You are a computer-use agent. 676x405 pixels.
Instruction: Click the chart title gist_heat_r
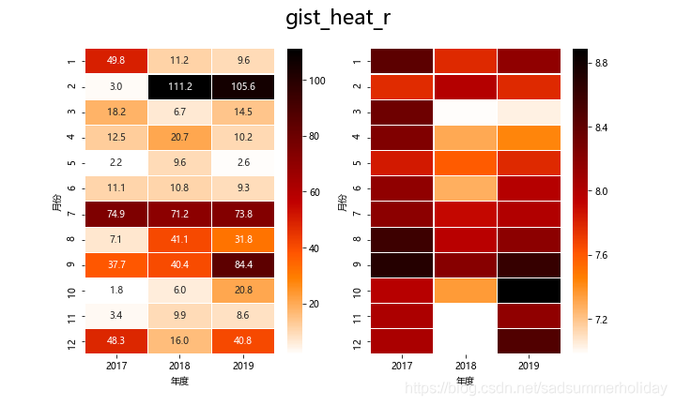(x=338, y=19)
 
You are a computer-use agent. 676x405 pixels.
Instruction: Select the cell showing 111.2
(x=180, y=86)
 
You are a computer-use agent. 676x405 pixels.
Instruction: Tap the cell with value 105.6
(x=244, y=86)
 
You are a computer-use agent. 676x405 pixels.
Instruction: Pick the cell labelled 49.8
(x=116, y=61)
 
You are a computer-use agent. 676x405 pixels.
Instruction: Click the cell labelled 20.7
(x=180, y=137)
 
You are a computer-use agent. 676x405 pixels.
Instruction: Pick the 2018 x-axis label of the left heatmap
(x=180, y=366)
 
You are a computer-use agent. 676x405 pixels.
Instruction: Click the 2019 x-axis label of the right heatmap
(x=528, y=366)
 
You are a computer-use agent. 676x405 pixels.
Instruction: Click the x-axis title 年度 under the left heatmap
(x=180, y=382)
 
